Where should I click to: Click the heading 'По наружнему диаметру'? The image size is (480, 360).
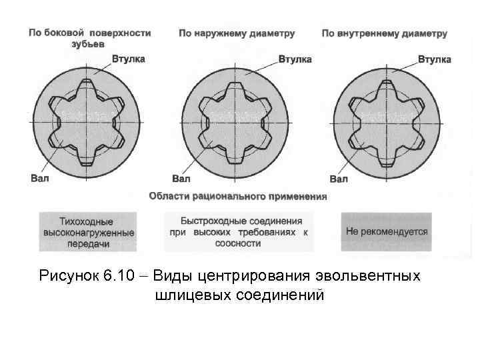237,33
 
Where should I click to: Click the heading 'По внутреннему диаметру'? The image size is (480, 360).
384,33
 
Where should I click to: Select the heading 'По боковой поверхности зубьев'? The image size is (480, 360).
89,38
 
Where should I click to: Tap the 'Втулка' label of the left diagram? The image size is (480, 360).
128,59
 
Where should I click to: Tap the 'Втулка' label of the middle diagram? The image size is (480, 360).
294,59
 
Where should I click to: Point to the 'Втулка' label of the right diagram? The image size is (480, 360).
434,59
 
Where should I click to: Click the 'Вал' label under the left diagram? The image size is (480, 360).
39,178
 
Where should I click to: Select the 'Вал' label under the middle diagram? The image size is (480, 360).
181,179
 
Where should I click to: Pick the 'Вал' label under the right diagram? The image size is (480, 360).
339,179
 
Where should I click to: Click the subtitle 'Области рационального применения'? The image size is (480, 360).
238,196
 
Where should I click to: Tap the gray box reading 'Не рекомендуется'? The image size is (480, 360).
387,232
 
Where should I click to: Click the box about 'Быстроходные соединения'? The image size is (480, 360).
238,231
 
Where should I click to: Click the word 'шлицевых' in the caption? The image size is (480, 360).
192,295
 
